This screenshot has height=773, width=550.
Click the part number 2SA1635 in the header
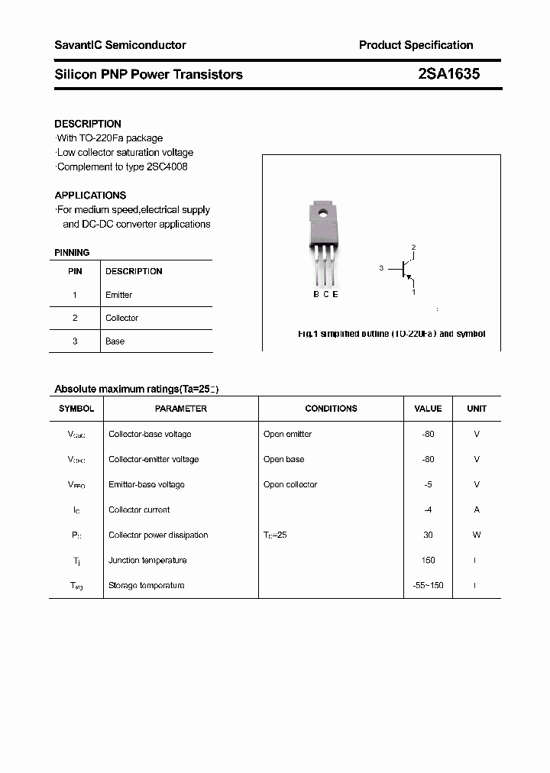(x=448, y=74)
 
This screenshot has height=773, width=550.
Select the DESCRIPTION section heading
(x=88, y=124)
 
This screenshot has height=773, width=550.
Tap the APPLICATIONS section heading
(x=90, y=195)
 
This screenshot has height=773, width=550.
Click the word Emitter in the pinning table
(x=118, y=295)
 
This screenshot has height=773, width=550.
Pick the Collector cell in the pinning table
(x=121, y=318)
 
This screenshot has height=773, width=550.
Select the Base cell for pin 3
(x=115, y=341)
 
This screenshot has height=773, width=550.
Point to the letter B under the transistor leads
(x=316, y=294)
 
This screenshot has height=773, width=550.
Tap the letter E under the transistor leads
(x=335, y=294)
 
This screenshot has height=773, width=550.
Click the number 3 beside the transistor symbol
(x=380, y=268)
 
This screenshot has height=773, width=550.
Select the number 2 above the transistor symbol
(x=413, y=247)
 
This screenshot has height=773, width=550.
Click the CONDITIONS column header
(x=331, y=409)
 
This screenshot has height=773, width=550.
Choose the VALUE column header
(x=428, y=409)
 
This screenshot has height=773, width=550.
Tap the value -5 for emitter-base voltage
(x=428, y=484)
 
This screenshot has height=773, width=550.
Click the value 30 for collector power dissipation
(x=428, y=535)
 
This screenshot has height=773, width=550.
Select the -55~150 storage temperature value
(x=428, y=585)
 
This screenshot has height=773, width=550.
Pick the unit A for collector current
(x=477, y=509)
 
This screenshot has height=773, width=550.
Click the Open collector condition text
(x=290, y=484)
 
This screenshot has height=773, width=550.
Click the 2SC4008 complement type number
(x=167, y=167)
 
